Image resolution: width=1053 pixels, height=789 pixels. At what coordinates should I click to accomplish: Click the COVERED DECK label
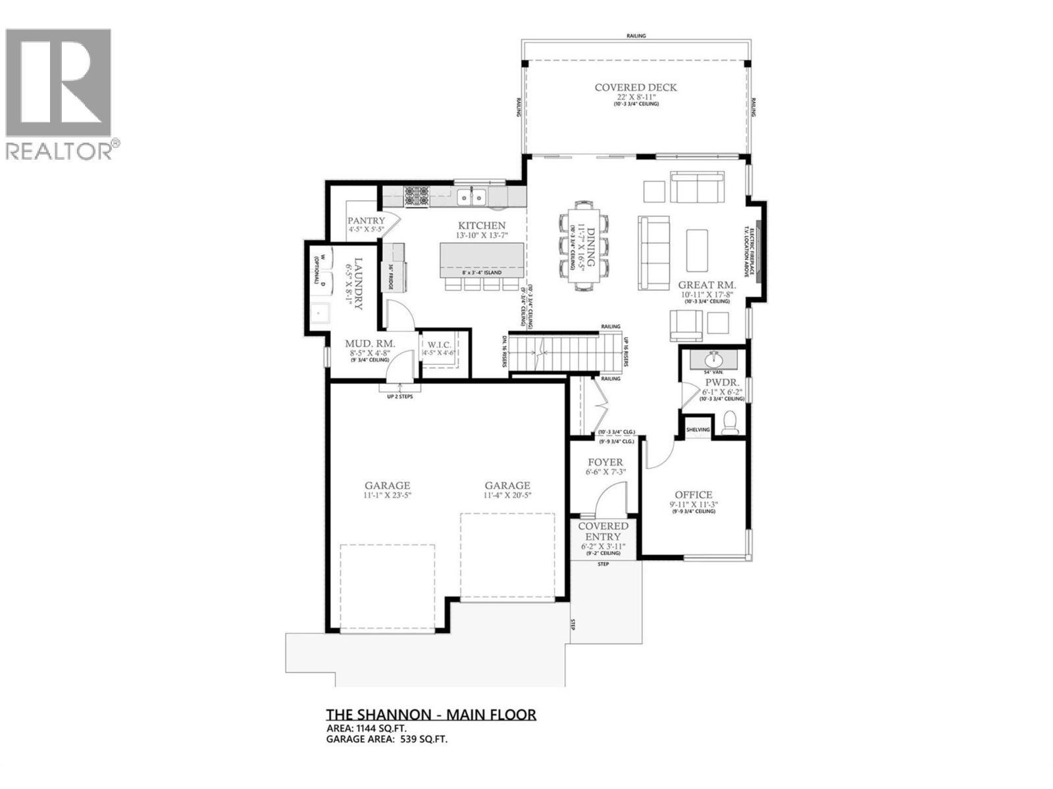point(635,87)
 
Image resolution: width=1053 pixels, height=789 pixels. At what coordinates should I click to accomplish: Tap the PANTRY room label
point(366,221)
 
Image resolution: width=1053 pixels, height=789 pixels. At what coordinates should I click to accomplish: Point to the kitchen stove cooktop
point(417,196)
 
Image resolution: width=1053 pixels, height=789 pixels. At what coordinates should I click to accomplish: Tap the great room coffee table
point(696,250)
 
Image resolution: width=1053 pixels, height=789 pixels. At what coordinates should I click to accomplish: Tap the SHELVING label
point(698,430)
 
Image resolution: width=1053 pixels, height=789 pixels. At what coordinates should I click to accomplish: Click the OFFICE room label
point(693,495)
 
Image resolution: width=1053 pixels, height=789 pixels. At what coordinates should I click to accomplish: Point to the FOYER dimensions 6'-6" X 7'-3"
point(605,472)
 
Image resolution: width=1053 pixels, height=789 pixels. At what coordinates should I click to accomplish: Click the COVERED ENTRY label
point(604,531)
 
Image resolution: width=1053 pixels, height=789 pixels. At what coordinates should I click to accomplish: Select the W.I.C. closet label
point(438,345)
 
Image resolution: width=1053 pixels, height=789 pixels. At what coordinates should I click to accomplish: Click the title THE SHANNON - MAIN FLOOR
point(431,715)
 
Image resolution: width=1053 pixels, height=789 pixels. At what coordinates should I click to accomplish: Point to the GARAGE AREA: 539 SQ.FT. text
point(387,739)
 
